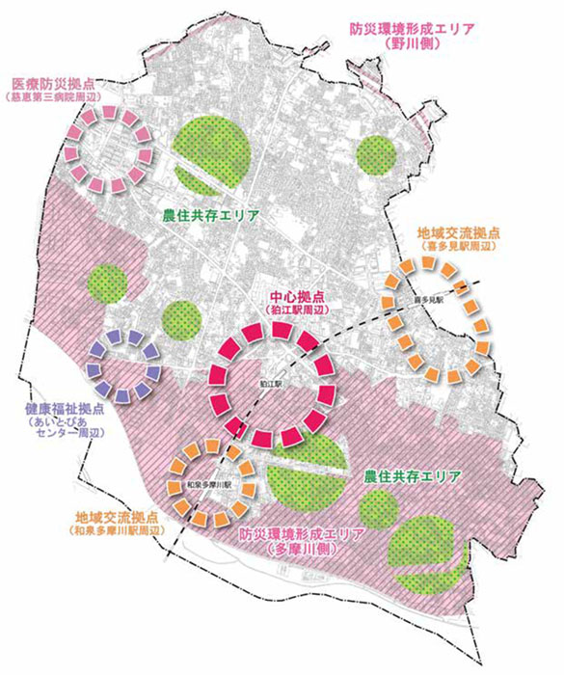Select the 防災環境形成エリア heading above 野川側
412,29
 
